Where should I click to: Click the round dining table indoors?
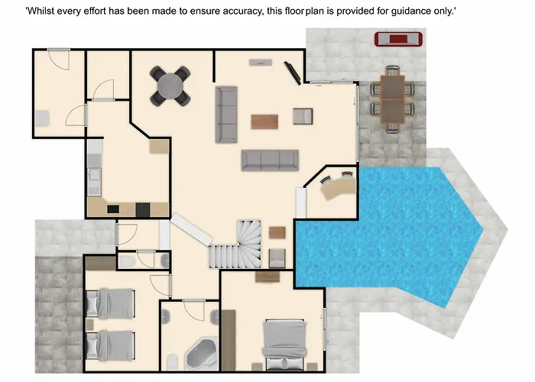tap(170, 86)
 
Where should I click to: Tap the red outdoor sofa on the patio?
tap(398, 39)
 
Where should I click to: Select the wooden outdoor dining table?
tap(392, 99)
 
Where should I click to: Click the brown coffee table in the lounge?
tap(264, 121)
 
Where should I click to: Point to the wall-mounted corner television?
tap(293, 73)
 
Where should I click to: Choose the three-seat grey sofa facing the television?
tap(270, 160)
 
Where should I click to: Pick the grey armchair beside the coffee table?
tap(303, 116)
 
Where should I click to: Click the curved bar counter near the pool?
tap(339, 187)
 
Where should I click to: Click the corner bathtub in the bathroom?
tap(202, 354)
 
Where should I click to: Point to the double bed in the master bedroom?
tap(284, 345)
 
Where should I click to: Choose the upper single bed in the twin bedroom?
tap(110, 303)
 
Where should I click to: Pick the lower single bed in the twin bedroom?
tap(110, 345)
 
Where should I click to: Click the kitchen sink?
tap(94, 175)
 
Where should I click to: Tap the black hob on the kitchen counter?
tap(113, 209)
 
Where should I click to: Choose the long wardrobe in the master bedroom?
tap(229, 340)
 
